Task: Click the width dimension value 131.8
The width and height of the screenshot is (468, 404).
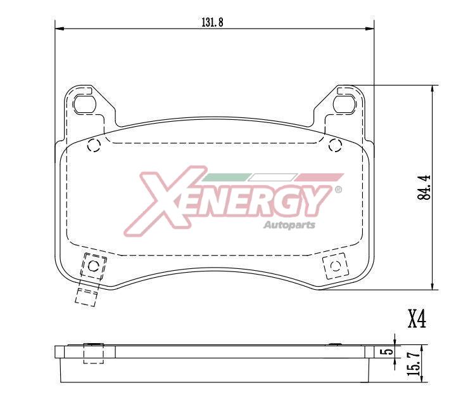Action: tap(213, 22)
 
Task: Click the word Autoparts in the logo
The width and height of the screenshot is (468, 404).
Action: tap(289, 224)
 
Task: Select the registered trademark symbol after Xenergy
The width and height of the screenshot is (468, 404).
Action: tap(338, 190)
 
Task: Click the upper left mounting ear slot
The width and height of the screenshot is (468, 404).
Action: tap(84, 103)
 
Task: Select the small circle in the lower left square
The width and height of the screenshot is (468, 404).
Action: tap(93, 265)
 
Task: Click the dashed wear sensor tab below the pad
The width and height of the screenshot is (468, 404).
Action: tap(86, 294)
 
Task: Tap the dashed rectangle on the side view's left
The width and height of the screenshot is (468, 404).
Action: tap(93, 353)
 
